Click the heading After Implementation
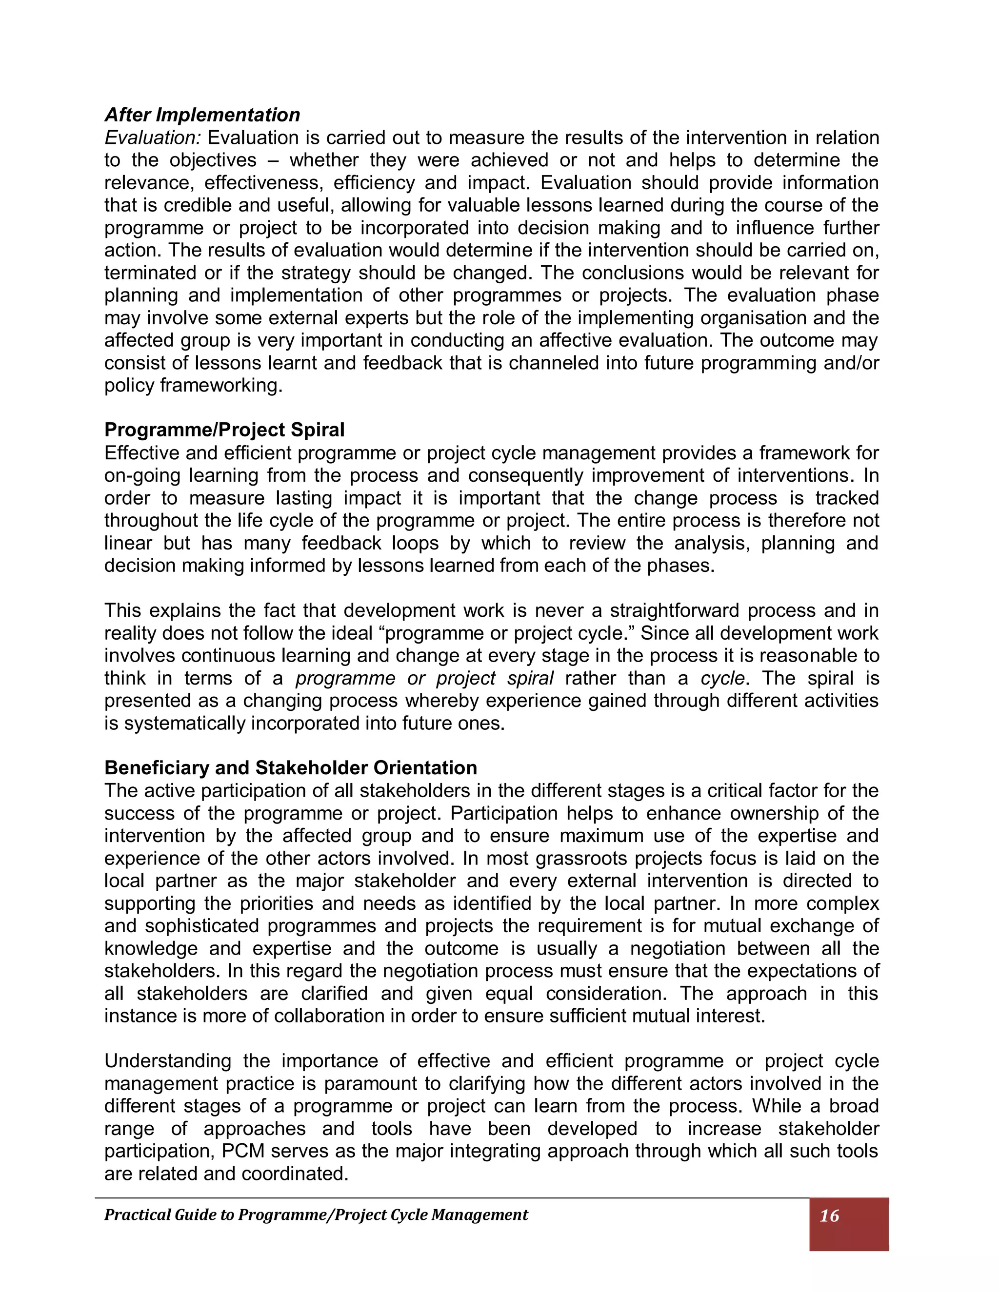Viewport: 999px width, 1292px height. pyautogui.click(x=202, y=114)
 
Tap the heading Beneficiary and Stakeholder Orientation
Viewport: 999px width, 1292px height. pyautogui.click(x=291, y=767)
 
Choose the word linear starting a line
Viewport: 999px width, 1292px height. pyautogui.click(x=128, y=543)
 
